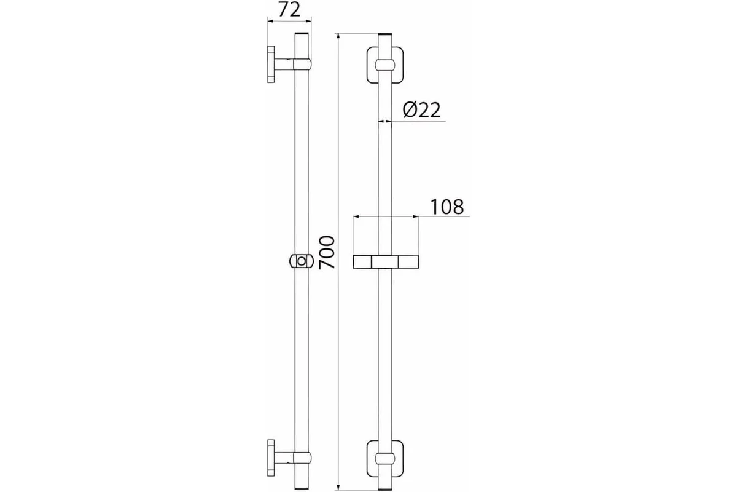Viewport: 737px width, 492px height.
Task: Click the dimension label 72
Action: click(289, 10)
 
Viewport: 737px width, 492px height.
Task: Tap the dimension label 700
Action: click(327, 252)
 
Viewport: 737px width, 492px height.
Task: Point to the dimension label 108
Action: click(447, 207)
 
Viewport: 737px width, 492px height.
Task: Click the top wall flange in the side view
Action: click(271, 64)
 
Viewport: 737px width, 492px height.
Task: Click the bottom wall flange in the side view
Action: click(271, 458)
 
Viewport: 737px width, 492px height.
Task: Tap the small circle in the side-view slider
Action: click(302, 261)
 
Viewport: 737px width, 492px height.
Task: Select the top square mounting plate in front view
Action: click(385, 65)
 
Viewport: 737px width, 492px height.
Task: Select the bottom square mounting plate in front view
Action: click(385, 458)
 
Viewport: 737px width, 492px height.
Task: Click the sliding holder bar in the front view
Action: click(386, 261)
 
